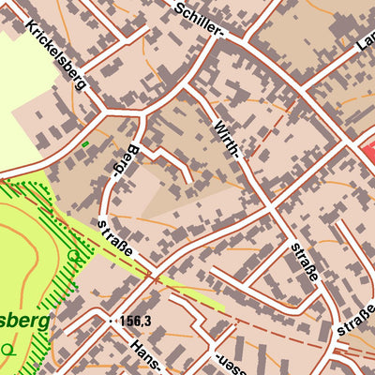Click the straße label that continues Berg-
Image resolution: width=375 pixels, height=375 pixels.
point(119,239)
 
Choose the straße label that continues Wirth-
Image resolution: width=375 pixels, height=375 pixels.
point(305,267)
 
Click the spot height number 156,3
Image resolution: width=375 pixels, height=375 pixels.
point(137,321)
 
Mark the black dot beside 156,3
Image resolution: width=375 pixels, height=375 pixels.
point(113,321)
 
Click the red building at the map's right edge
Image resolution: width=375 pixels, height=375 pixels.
point(367,150)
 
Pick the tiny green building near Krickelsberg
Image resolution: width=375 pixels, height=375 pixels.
point(85,143)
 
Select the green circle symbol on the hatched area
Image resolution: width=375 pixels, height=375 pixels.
point(74,255)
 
